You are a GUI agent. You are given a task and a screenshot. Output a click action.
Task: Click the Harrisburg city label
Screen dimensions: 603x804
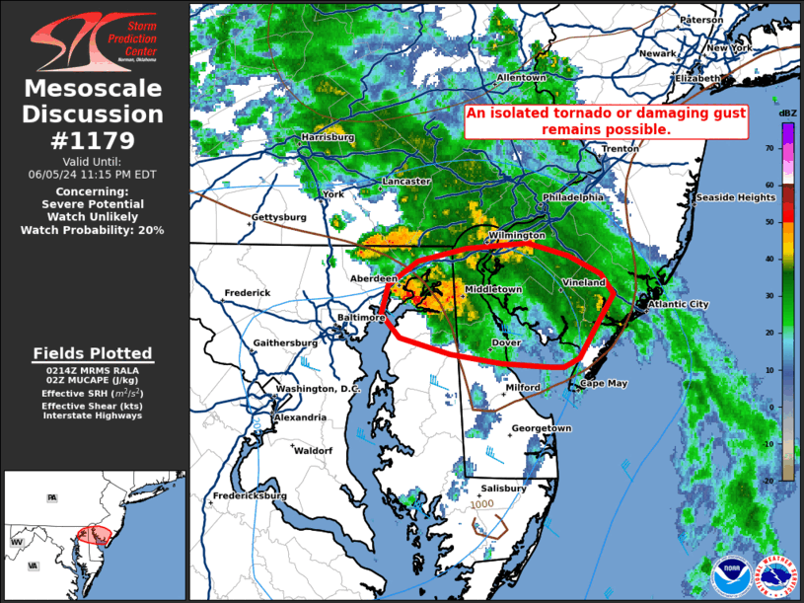(x=328, y=137)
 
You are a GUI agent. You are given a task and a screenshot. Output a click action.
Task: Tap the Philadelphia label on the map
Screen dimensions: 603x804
(x=572, y=197)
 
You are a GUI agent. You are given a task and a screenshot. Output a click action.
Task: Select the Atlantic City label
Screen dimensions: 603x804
(x=678, y=305)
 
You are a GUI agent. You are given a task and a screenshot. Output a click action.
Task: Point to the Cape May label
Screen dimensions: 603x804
(x=603, y=384)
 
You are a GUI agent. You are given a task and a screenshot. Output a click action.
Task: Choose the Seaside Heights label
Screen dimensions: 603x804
(x=736, y=197)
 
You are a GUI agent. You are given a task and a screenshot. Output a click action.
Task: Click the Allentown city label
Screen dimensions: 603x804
(x=521, y=78)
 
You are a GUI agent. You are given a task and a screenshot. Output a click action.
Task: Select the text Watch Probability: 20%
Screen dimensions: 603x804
(x=92, y=230)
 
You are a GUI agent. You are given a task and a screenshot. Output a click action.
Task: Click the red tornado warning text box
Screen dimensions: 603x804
(x=606, y=121)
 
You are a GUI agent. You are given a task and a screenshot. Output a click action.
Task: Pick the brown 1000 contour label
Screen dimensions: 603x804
(x=482, y=504)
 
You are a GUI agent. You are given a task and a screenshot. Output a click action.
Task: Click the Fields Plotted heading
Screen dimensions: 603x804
(x=93, y=352)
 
